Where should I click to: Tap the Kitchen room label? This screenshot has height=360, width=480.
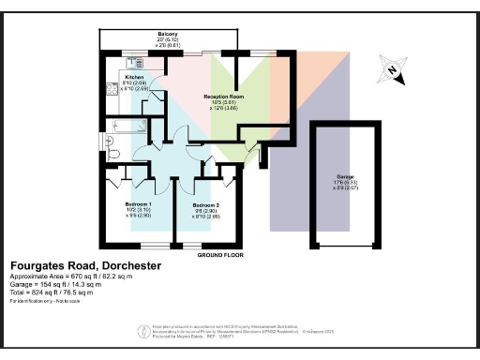(134, 76)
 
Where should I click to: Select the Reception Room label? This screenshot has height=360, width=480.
(224, 97)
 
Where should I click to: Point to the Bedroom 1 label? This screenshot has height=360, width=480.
(138, 203)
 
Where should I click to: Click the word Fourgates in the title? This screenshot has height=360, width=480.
(34, 266)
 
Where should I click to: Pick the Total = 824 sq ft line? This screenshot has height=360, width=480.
(58, 292)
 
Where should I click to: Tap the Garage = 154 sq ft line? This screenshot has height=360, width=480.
(61, 285)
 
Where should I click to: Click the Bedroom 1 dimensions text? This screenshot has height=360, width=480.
(138, 212)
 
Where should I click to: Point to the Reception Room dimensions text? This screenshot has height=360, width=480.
(224, 106)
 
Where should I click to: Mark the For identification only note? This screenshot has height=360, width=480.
(46, 301)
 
